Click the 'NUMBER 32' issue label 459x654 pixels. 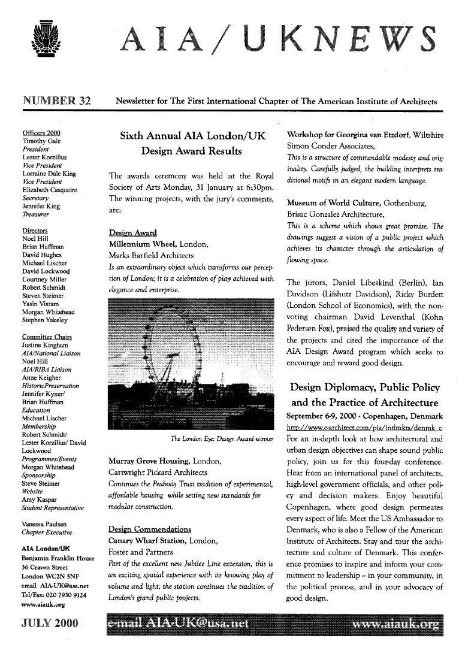[x=56, y=101]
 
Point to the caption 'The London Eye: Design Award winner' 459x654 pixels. [x=222, y=439]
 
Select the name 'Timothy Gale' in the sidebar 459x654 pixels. [x=42, y=141]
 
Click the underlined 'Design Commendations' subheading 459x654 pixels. [x=150, y=529]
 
